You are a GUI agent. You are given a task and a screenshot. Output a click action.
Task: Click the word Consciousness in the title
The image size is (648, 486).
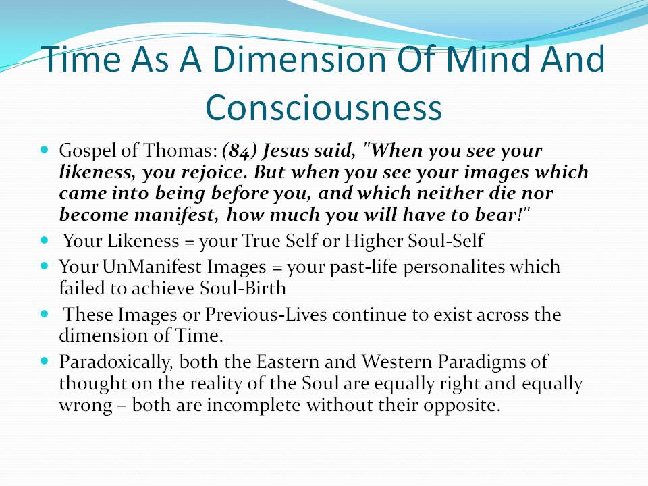coord(323,107)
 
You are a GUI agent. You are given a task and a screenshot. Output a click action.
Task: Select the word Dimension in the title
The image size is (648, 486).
coord(299,59)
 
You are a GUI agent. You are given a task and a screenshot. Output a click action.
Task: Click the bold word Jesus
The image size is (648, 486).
coord(286,151)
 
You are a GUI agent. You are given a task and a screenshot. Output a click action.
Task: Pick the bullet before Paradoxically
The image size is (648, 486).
coord(45,360)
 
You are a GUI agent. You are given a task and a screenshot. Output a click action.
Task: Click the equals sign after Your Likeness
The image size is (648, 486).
coord(189,242)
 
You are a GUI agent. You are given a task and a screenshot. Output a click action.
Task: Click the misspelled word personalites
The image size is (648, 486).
coord(454,267)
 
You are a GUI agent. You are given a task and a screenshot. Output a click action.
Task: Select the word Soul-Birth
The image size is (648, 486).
coord(243,288)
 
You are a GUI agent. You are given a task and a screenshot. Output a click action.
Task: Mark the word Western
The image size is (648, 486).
coord(397,362)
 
